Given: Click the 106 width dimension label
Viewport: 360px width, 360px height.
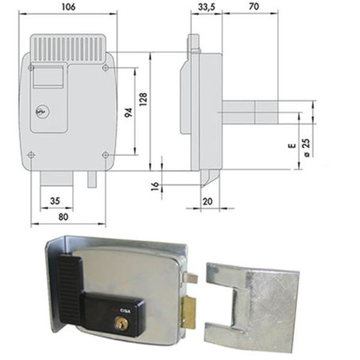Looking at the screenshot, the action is pos(68,7).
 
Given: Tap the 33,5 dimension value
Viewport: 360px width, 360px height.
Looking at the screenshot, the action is pos(206,7).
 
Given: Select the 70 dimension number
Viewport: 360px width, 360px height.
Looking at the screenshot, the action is pos(254,6).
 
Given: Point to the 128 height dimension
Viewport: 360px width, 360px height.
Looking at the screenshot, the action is pos(143,100).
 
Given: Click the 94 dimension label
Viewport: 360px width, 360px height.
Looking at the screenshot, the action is pos(128,112).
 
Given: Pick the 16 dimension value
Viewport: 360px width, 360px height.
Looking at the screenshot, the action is pos(155,186).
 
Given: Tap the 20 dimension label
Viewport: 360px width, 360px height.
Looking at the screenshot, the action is pos(207,202).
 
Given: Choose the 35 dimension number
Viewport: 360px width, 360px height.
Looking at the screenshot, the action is pos(55,201).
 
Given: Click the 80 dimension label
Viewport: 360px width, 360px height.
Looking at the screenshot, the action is pos(63,217).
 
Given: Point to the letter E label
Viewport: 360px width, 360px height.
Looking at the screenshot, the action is pos(292,146).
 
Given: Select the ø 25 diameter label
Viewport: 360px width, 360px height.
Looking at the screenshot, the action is pos(306,147).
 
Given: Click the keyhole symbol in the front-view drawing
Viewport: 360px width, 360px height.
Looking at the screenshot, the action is pos(41,112).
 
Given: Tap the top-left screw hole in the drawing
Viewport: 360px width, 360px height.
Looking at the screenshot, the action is pos(31,68).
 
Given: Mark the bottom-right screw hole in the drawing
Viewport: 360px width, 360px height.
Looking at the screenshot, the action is pos(105,155).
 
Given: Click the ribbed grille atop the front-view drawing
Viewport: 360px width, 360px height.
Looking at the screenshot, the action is pos(68,49).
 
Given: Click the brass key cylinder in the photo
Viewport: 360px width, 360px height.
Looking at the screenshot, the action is pos(121,323).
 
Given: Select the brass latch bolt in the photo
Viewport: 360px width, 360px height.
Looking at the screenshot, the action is pos(189,312).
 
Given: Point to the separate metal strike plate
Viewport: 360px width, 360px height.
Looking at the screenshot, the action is pos(251,307).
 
